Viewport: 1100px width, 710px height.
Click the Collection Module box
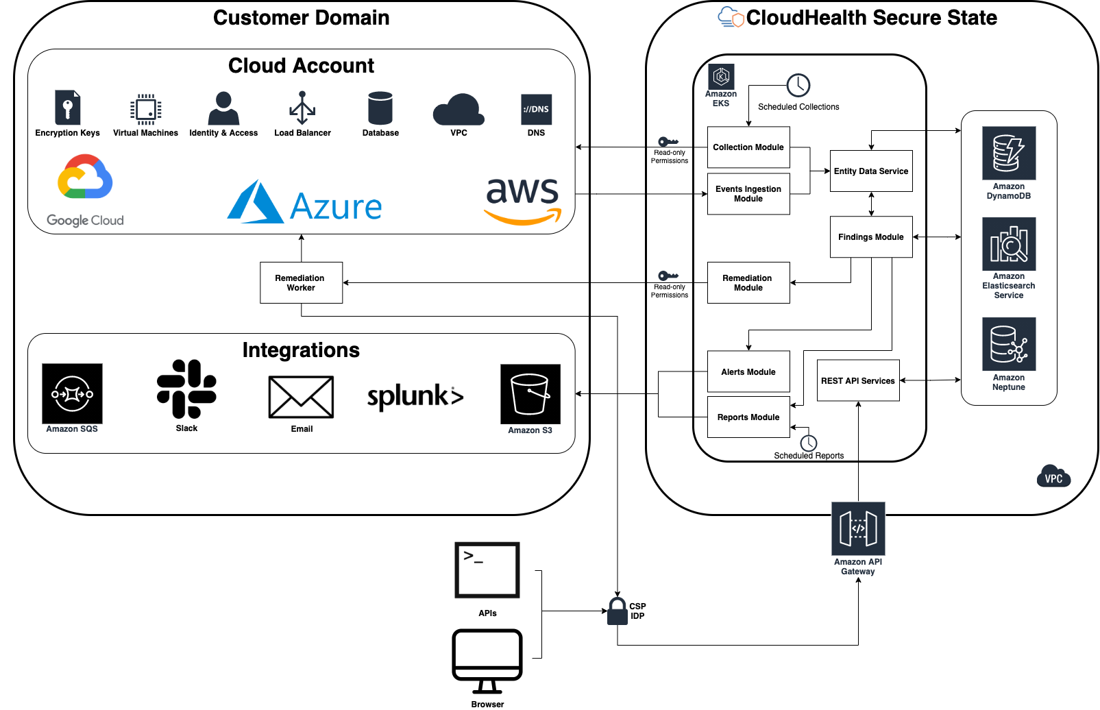coord(748,147)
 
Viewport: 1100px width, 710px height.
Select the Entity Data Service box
coord(870,171)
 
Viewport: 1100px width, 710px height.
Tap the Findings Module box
coord(870,237)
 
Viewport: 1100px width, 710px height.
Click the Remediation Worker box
coord(301,282)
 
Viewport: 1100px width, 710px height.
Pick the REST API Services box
coord(857,380)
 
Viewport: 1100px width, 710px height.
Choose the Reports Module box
coord(748,417)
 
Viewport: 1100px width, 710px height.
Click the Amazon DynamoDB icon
coord(1008,154)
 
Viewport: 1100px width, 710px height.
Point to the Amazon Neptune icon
coord(1008,344)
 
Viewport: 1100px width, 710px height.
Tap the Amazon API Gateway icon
coord(857,528)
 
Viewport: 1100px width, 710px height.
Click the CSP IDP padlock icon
coord(618,611)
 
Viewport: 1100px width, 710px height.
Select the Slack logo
coord(186,389)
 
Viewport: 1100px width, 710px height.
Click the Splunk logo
coord(415,396)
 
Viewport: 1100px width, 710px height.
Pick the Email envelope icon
coord(301,397)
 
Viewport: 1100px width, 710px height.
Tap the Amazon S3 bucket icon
coord(530,394)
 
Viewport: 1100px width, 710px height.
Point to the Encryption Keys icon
coord(67,108)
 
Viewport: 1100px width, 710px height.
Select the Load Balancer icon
coord(302,108)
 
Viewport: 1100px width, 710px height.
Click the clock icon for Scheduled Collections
coord(798,86)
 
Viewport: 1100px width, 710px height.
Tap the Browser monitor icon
coord(487,661)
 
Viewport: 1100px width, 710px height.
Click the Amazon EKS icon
coord(721,77)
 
